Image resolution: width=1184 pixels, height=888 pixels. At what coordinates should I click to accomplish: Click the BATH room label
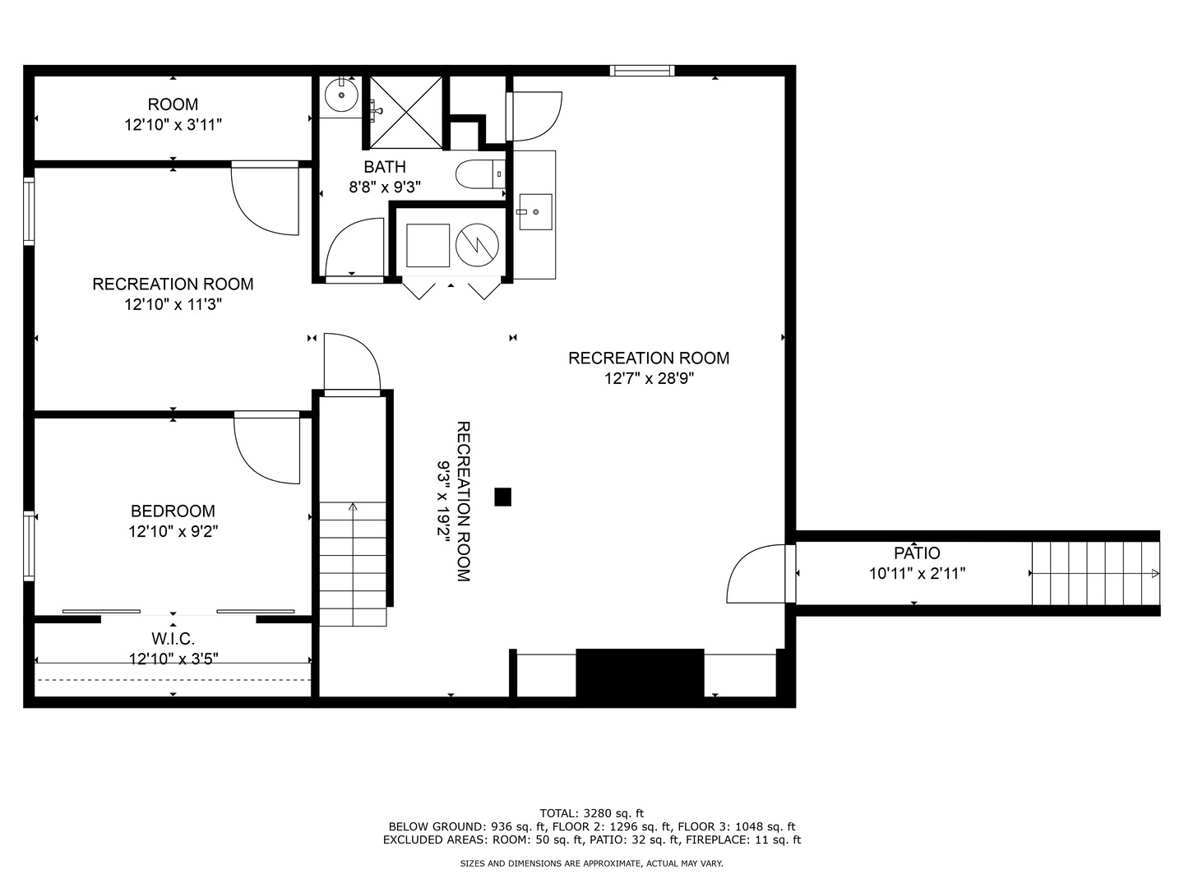tap(385, 167)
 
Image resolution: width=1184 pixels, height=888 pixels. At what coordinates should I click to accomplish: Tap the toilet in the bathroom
tap(480, 174)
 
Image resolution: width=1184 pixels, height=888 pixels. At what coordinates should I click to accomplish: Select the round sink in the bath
tap(341, 95)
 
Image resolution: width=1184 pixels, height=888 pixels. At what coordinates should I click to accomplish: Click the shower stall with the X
tap(405, 112)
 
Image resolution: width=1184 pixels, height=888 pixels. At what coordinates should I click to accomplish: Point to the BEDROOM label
tap(173, 511)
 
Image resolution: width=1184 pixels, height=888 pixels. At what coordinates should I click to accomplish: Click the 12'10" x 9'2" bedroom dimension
tap(173, 532)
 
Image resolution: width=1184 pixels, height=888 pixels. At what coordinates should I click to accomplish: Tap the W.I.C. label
tap(173, 639)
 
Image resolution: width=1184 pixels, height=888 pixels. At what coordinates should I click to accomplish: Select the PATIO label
tap(917, 553)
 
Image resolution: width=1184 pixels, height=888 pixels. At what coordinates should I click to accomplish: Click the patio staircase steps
tap(1095, 573)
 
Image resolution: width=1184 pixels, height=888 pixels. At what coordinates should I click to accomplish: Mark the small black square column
tap(502, 497)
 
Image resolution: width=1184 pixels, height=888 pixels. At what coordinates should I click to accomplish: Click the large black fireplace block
tap(640, 673)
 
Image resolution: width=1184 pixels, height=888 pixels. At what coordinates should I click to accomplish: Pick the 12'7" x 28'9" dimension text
tap(649, 378)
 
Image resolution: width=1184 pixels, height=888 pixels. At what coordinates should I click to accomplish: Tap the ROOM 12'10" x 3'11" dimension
tap(173, 125)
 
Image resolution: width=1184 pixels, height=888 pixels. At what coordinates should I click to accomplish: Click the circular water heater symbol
tap(477, 245)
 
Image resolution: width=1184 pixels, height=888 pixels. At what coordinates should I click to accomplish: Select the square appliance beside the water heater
tap(428, 245)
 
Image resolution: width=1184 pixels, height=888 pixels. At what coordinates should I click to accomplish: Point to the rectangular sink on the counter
tap(535, 212)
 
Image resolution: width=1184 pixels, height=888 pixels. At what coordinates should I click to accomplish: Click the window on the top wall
tap(642, 71)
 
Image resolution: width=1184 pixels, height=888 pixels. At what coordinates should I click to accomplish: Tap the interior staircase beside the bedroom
tap(353, 564)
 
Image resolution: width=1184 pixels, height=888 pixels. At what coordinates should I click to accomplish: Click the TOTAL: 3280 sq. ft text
tap(592, 813)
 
